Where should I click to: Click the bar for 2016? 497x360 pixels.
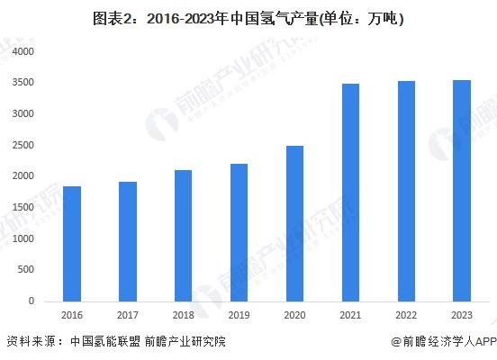click(72, 243)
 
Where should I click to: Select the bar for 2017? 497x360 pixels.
click(128, 241)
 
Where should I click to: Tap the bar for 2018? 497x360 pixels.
click(183, 235)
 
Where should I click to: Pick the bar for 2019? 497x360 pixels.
click(239, 232)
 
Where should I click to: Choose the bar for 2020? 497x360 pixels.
click(294, 223)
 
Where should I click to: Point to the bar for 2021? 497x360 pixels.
click(350, 192)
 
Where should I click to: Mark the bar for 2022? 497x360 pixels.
click(406, 191)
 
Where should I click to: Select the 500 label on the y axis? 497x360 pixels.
click(26, 269)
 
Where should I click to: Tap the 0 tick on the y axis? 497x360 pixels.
click(31, 301)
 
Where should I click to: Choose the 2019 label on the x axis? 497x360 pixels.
click(239, 316)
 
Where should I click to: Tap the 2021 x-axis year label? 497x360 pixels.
click(350, 316)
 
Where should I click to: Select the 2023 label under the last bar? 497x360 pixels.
click(462, 316)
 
